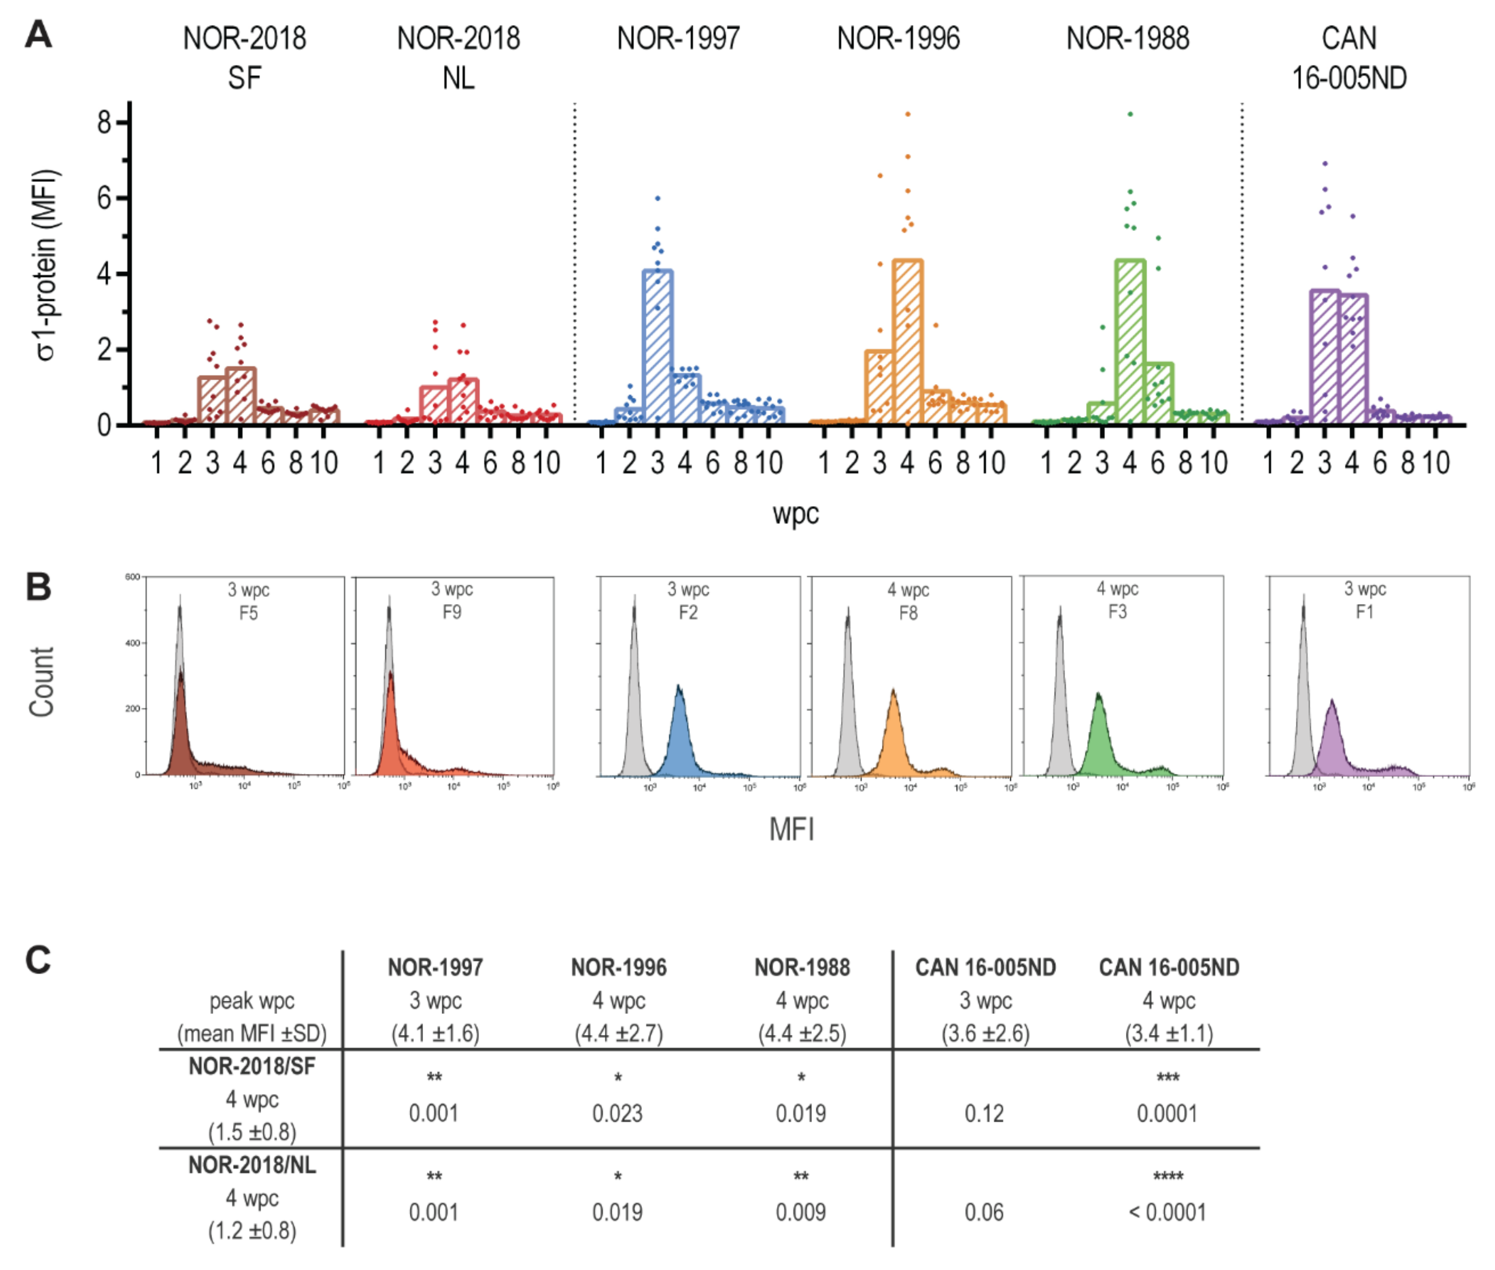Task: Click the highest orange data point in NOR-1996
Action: [907, 114]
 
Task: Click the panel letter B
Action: [38, 587]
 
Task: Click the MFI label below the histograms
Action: [791, 830]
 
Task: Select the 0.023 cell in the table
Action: [617, 1113]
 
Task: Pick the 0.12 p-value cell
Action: [984, 1113]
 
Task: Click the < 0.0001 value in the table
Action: [1166, 1212]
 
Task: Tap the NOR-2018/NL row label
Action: [252, 1165]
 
